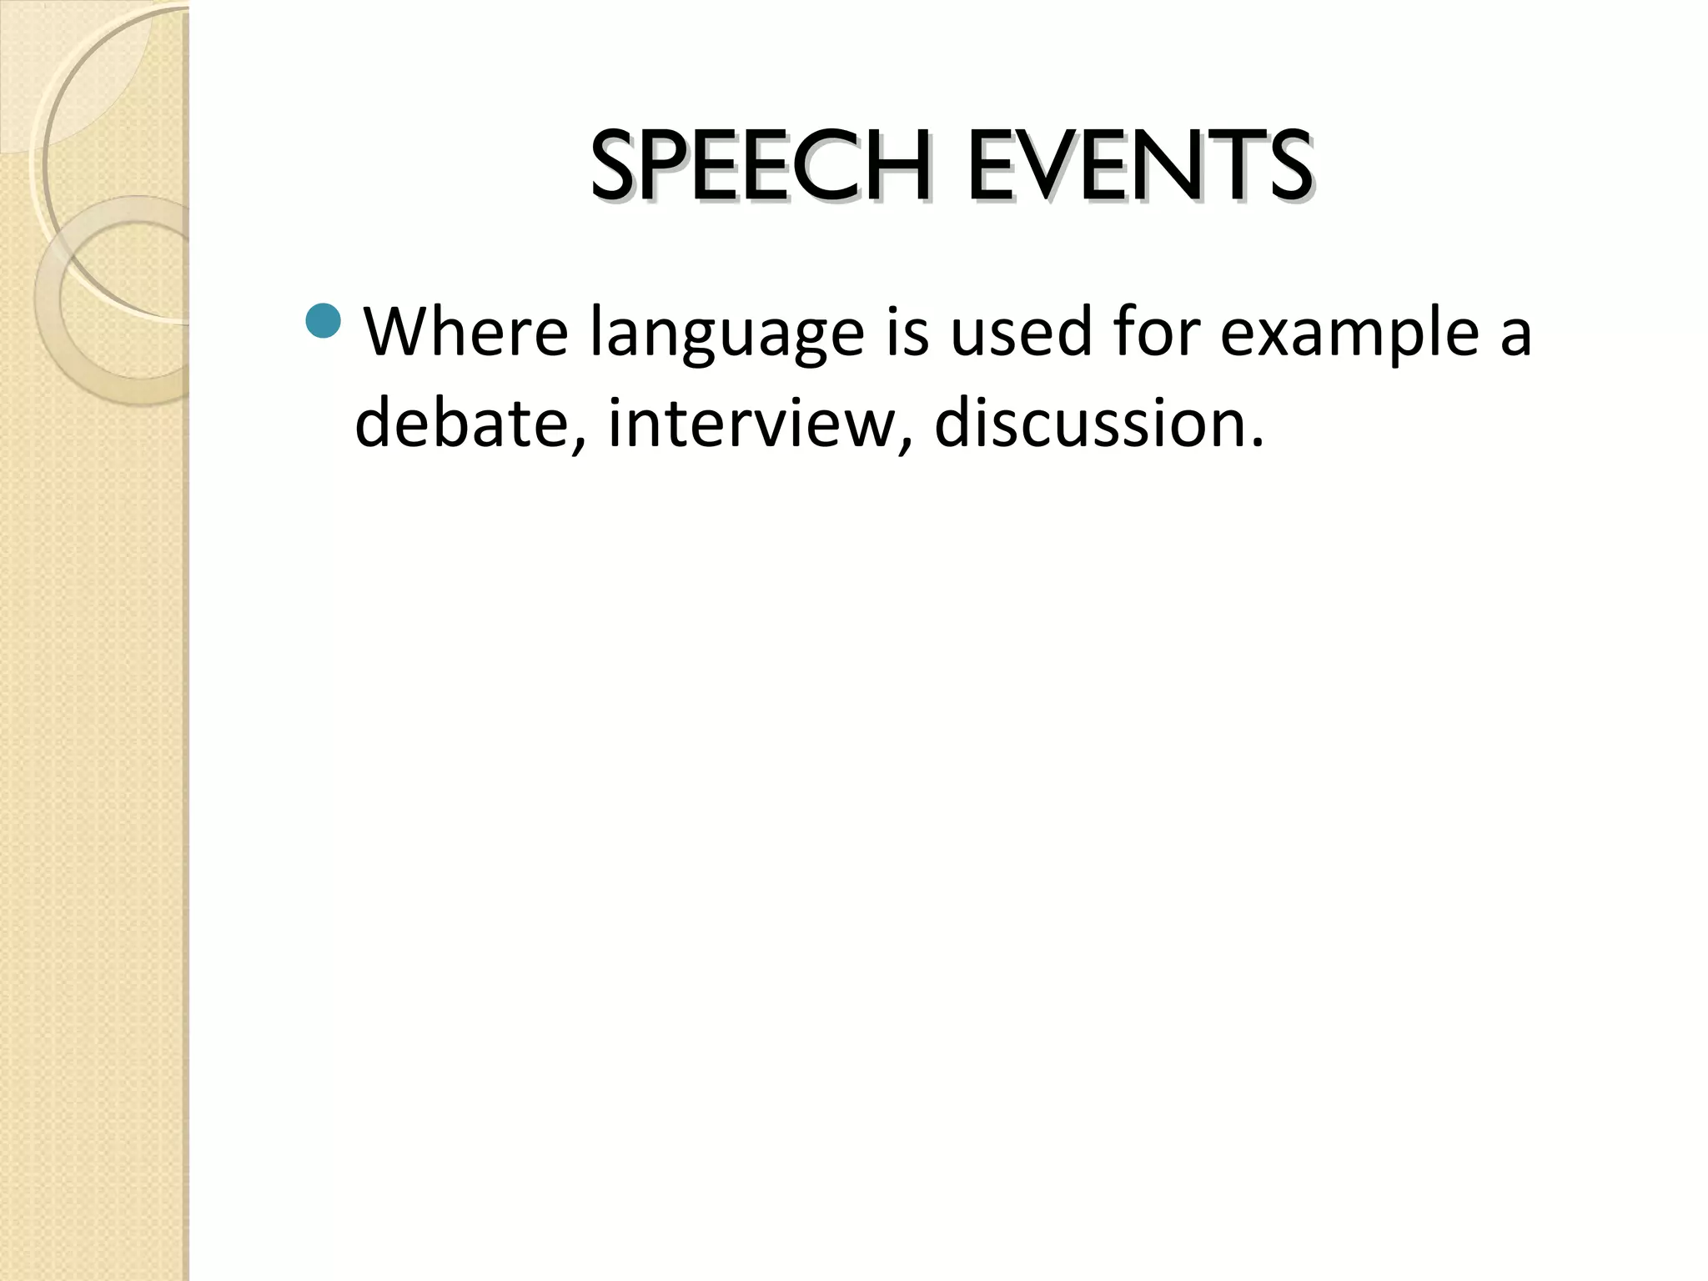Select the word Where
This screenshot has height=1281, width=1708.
466,332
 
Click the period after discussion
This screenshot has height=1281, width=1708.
1257,442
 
